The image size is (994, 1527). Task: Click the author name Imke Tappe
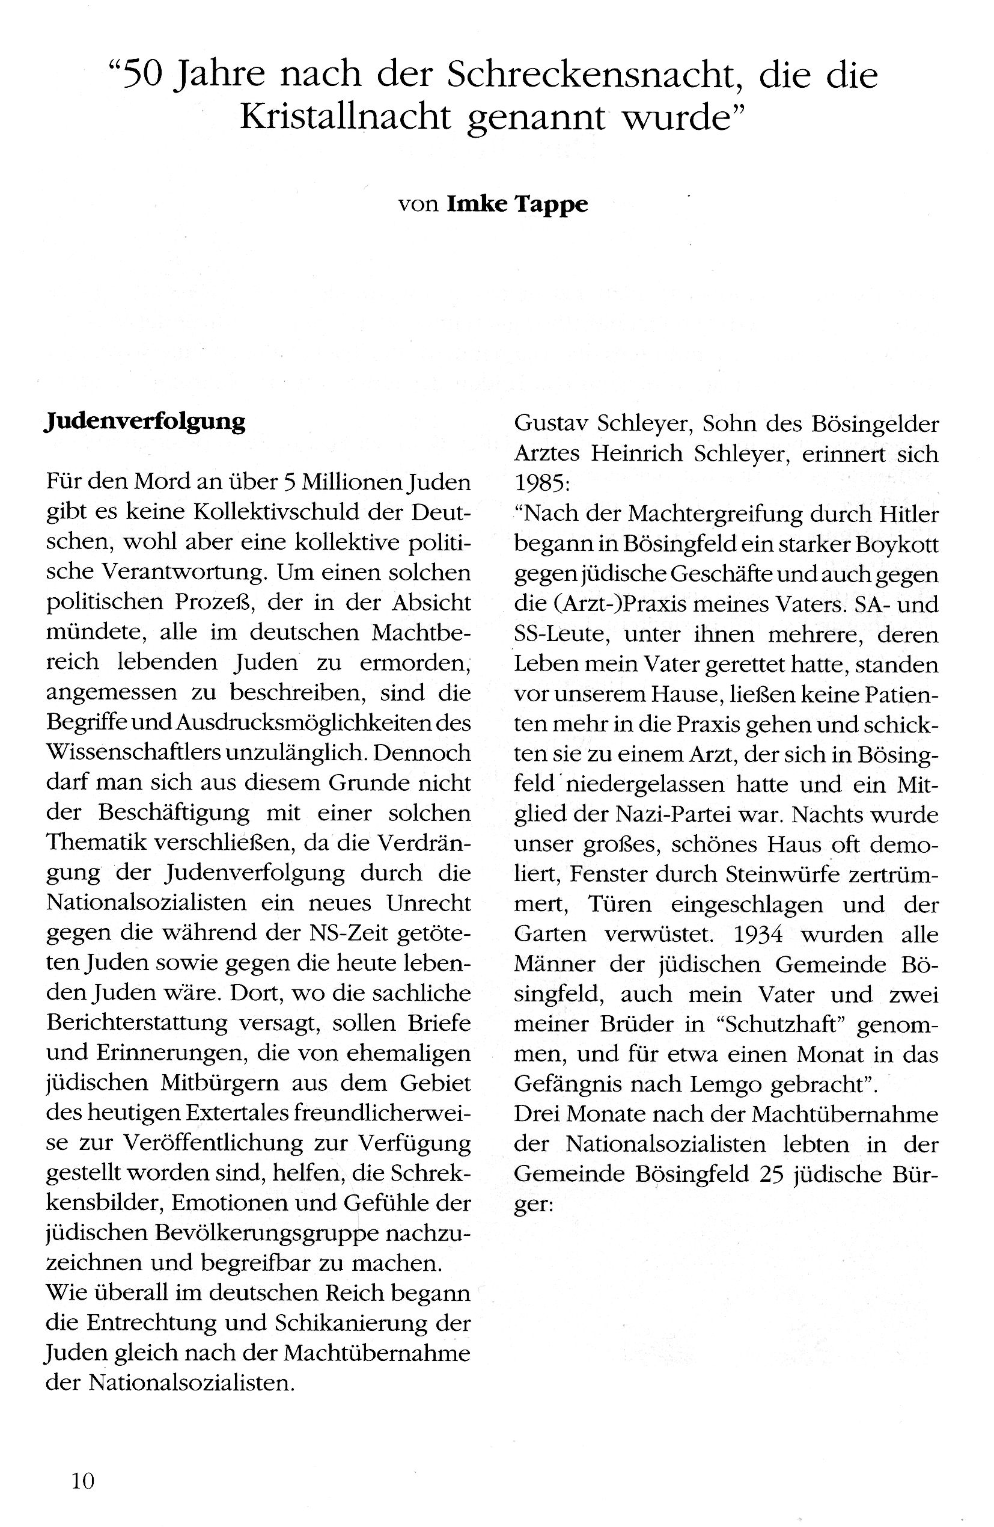coord(517,204)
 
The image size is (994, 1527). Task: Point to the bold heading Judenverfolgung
coord(145,422)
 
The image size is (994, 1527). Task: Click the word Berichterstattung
coord(137,1022)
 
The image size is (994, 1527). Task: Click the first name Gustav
coord(550,424)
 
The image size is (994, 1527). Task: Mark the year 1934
coord(757,934)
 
